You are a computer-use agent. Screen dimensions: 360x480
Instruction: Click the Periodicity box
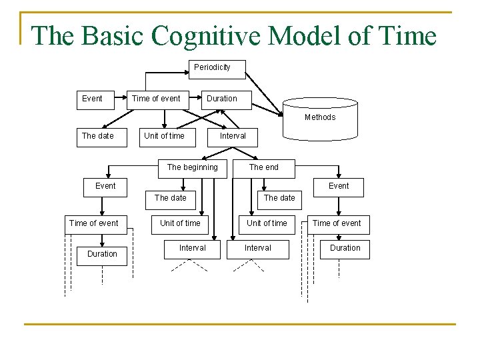212,67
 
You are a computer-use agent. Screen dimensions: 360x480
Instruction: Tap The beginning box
192,167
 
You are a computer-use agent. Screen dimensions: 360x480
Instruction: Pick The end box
264,167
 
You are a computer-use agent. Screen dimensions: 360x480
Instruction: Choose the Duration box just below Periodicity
221,99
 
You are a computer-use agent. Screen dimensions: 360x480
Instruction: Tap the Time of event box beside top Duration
156,99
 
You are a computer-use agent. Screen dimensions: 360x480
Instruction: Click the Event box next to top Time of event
92,99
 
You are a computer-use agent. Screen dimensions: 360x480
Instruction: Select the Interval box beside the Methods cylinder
233,136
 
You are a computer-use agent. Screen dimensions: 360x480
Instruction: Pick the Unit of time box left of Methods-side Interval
164,136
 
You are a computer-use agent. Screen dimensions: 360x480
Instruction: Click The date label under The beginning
171,198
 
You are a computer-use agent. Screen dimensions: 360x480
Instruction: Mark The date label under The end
279,198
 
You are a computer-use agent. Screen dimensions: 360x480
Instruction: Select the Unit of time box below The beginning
180,223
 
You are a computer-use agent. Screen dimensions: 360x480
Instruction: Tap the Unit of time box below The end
267,223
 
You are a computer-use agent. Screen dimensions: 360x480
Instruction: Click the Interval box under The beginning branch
192,248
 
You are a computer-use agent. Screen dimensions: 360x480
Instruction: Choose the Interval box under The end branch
257,248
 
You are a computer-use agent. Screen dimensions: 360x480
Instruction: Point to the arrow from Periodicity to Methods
263,89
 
